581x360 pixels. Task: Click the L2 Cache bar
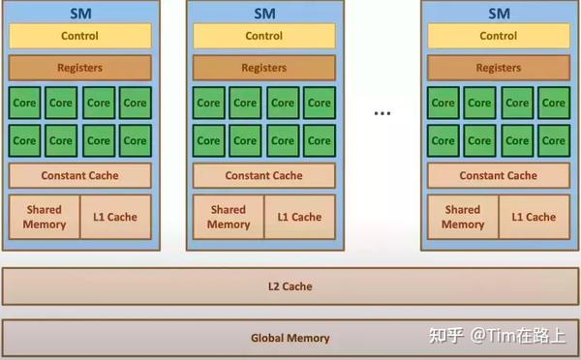click(290, 286)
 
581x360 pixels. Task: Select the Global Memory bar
click(290, 338)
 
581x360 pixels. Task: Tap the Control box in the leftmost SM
click(79, 36)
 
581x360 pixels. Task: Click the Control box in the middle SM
click(263, 36)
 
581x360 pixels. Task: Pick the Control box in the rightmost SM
click(498, 36)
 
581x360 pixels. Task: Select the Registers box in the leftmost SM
click(79, 69)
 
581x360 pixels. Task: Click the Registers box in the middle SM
click(263, 69)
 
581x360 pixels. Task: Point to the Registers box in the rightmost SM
click(498, 69)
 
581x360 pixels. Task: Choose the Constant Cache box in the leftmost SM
click(79, 176)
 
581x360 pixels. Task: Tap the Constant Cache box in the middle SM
click(263, 176)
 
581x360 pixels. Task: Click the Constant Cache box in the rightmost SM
click(498, 176)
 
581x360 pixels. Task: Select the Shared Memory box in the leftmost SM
click(45, 217)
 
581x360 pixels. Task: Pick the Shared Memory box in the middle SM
click(229, 217)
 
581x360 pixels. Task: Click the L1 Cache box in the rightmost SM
click(535, 217)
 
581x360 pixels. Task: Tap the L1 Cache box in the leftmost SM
click(115, 217)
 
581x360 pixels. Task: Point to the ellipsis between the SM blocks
click(382, 113)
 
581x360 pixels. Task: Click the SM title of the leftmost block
click(79, 13)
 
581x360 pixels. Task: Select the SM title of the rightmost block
click(498, 13)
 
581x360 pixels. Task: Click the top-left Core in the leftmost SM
click(25, 103)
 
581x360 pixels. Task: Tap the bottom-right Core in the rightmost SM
click(553, 140)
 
